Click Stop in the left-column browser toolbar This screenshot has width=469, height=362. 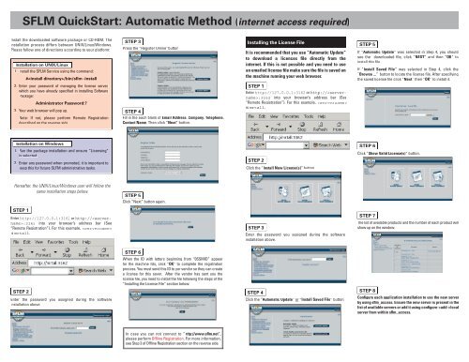coord(66,252)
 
